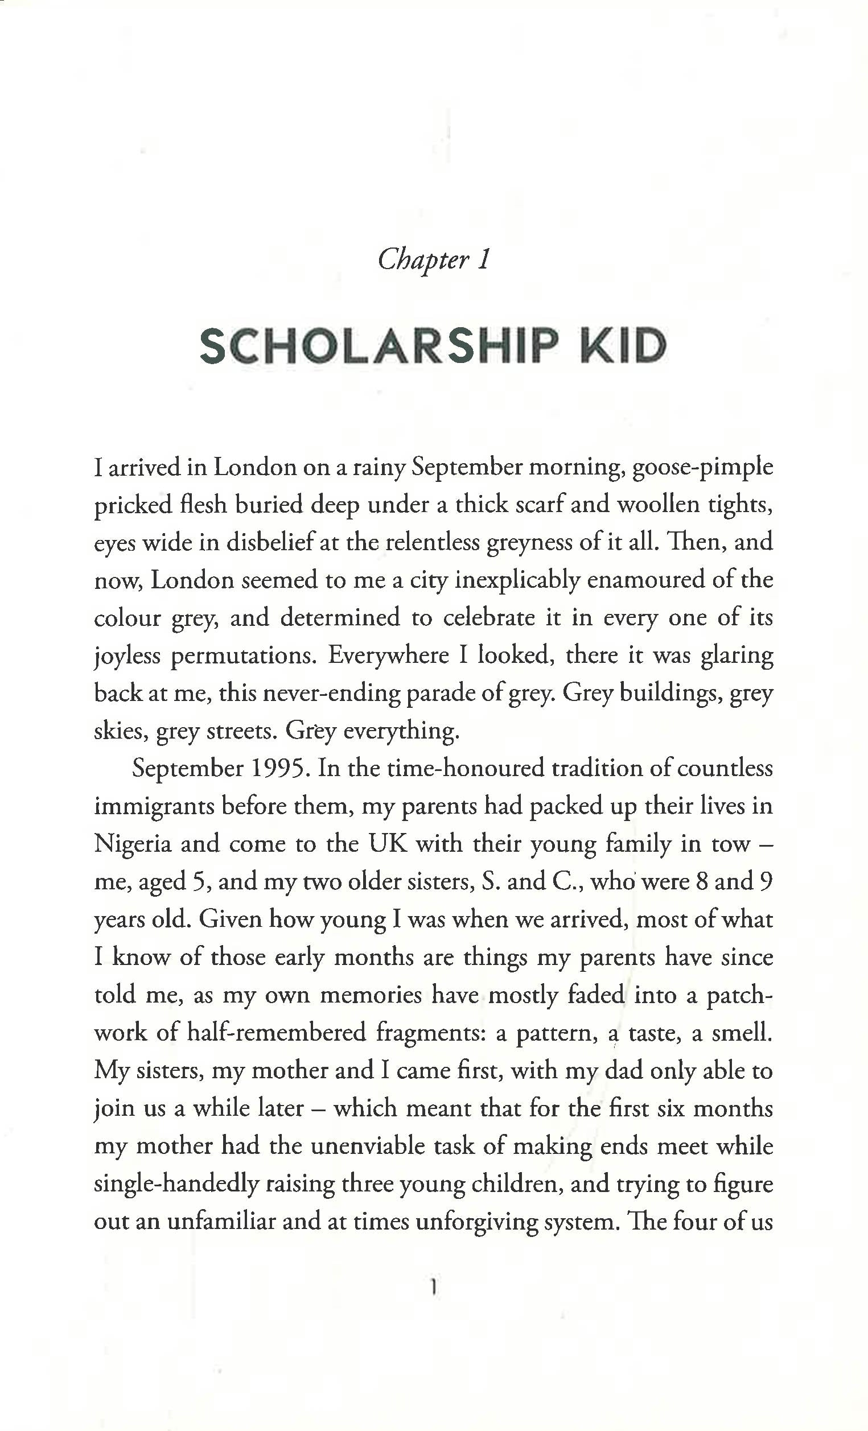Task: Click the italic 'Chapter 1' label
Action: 434,259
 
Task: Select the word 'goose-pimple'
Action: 702,468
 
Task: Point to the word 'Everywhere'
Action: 388,655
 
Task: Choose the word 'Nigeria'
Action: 133,844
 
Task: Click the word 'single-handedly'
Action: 176,1184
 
